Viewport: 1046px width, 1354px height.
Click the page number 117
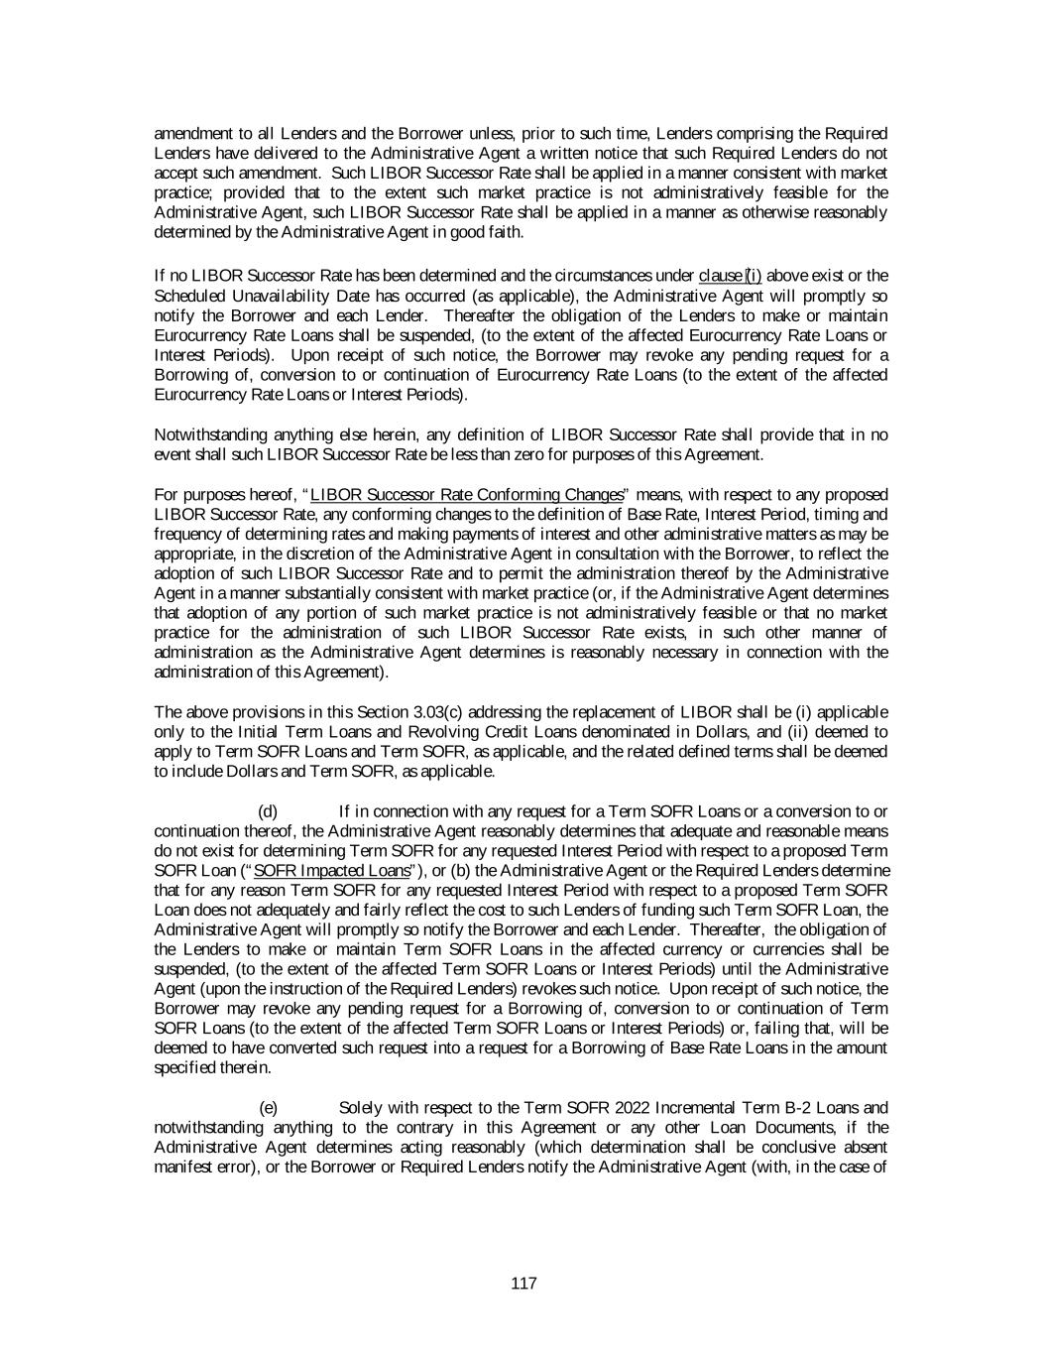523,1284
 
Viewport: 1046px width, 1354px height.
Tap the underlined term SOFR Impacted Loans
332,870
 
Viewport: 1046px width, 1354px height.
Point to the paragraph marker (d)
268,811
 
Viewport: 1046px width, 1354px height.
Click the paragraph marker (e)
268,1107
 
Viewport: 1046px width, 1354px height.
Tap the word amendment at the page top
192,133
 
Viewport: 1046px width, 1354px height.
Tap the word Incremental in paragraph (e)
699,1107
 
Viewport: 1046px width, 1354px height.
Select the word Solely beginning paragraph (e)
360,1107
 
